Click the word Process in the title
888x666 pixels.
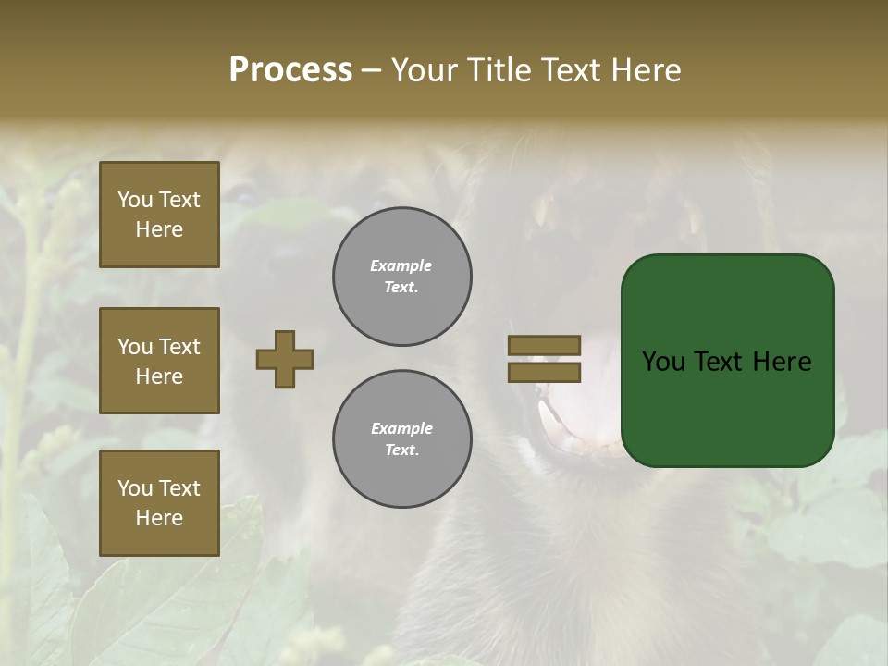pos(290,70)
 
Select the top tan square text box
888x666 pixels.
pos(159,215)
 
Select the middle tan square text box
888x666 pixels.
pos(159,361)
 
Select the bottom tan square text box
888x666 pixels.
pos(159,503)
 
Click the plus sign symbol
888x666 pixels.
pos(285,359)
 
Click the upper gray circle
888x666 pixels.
pos(402,277)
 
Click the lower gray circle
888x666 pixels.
pos(402,439)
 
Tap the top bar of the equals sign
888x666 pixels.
pos(544,345)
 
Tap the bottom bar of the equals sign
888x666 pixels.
pos(544,372)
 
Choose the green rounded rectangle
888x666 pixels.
pos(727,407)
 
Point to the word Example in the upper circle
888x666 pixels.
pos(401,265)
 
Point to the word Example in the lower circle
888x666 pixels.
pos(401,428)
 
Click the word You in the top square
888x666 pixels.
pos(135,200)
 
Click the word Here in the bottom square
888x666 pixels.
pos(159,518)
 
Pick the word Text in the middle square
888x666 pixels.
pos(179,347)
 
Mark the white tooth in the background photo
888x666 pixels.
pos(551,423)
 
